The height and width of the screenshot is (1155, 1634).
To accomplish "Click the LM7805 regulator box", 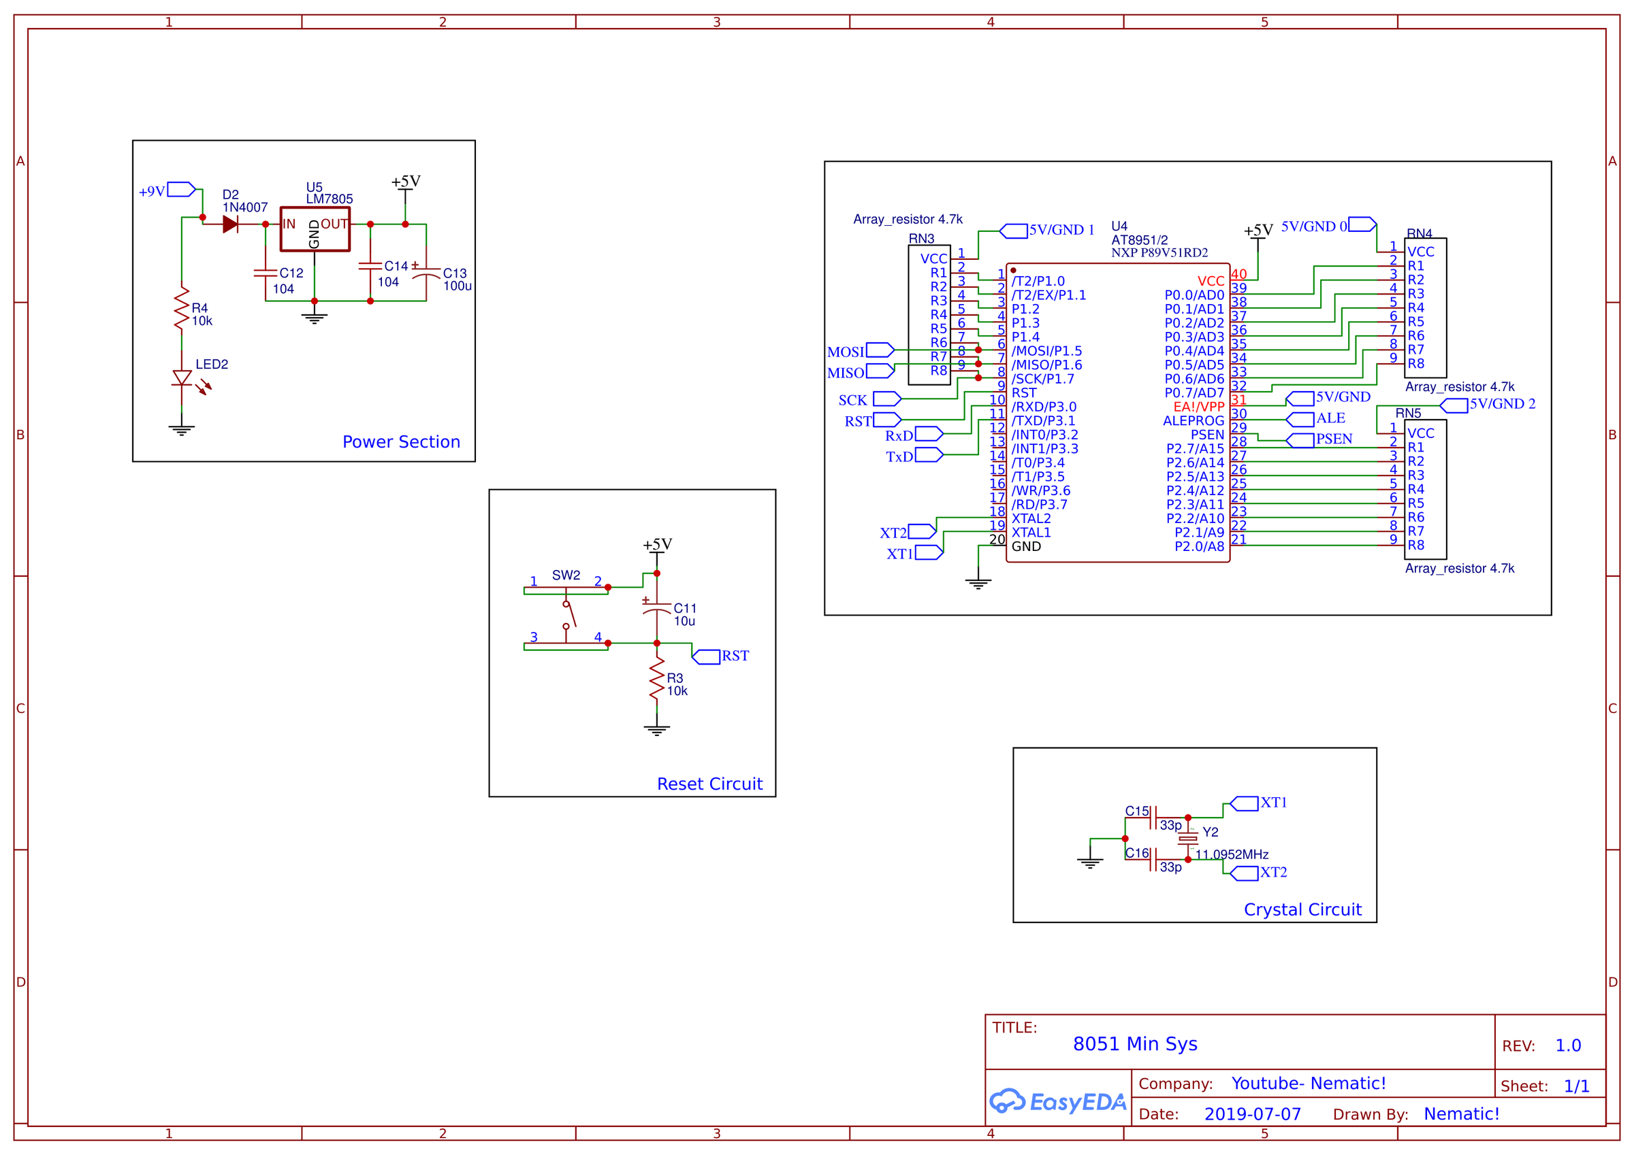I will pos(315,229).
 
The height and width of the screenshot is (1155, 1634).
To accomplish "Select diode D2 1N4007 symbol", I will pos(230,224).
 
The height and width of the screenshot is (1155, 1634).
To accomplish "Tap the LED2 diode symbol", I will pos(182,378).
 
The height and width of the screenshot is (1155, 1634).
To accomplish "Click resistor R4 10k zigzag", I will pos(182,308).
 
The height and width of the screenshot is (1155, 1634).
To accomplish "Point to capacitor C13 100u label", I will pos(456,280).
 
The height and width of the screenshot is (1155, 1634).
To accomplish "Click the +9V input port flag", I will pos(181,189).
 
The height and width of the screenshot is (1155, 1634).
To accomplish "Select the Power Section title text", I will pos(401,441).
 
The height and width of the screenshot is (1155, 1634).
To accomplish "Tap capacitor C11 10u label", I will pos(685,614).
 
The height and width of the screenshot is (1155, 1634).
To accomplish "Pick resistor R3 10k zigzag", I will pos(656,680).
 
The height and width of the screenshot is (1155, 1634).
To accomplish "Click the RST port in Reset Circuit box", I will pos(707,656).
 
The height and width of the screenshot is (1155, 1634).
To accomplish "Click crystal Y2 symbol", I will pos(1187,839).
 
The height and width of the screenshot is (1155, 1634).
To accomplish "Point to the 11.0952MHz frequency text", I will pos(1231,854).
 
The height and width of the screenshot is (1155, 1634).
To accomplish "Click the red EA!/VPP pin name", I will pos(1198,407).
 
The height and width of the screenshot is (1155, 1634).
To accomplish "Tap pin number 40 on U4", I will pos(1238,274).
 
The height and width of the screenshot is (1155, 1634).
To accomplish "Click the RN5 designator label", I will pos(1407,413).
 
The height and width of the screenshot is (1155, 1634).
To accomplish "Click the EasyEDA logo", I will pos(1057,1101).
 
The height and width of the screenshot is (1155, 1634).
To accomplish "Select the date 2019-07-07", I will pos(1252,1114).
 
